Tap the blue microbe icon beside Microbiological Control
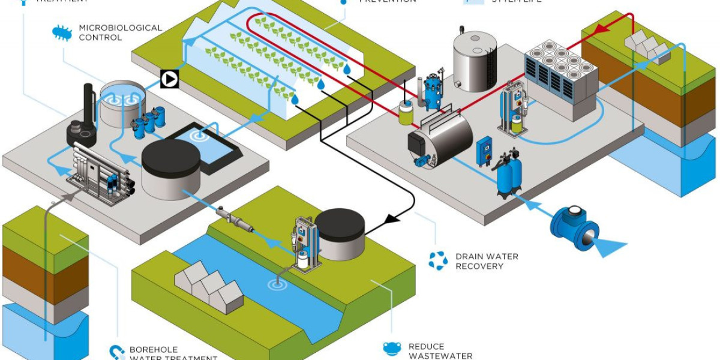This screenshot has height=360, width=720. coord(62,32)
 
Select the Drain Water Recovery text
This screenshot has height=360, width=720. coord(486,261)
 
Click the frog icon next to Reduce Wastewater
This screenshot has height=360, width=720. coord(392,349)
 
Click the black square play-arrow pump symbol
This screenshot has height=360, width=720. coord(170,79)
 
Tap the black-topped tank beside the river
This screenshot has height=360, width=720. coord(340,233)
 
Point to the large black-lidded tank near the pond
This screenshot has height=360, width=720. coord(170,168)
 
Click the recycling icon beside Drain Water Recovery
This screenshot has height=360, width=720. coord(437,260)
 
